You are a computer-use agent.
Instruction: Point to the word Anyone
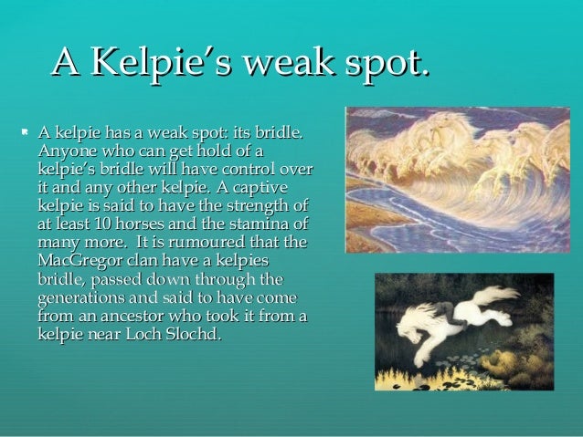(67, 151)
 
